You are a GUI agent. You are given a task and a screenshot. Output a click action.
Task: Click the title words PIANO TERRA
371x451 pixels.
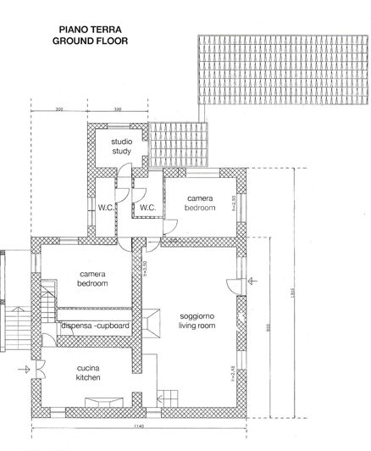pyautogui.click(x=79, y=28)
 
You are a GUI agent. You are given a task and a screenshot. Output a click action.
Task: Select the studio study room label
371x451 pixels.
pyautogui.click(x=122, y=147)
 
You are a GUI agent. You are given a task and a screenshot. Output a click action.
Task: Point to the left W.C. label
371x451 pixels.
pyautogui.click(x=107, y=207)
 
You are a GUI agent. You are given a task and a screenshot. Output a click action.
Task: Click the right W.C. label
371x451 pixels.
pyautogui.click(x=147, y=207)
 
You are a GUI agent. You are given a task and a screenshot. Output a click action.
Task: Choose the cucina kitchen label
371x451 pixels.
pyautogui.click(x=88, y=373)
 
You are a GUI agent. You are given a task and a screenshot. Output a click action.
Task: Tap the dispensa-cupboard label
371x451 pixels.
pyautogui.click(x=95, y=326)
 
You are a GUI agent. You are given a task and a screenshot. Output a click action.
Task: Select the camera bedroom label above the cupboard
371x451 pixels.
pyautogui.click(x=92, y=280)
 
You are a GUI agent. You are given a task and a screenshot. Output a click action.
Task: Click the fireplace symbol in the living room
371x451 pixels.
pyautogui.click(x=153, y=320)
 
